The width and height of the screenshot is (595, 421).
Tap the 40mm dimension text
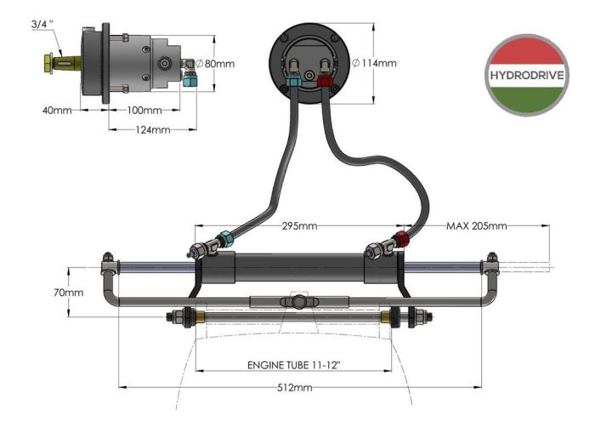(x=56, y=110)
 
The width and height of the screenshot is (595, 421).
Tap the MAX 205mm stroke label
(x=476, y=225)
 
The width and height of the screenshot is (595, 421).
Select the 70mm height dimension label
(x=69, y=293)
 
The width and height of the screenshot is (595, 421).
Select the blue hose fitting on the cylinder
(x=224, y=240)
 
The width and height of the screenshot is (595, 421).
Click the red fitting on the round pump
(x=324, y=82)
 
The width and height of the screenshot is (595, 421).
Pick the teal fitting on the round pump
(x=293, y=82)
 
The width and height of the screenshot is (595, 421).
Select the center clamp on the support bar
(x=297, y=302)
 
